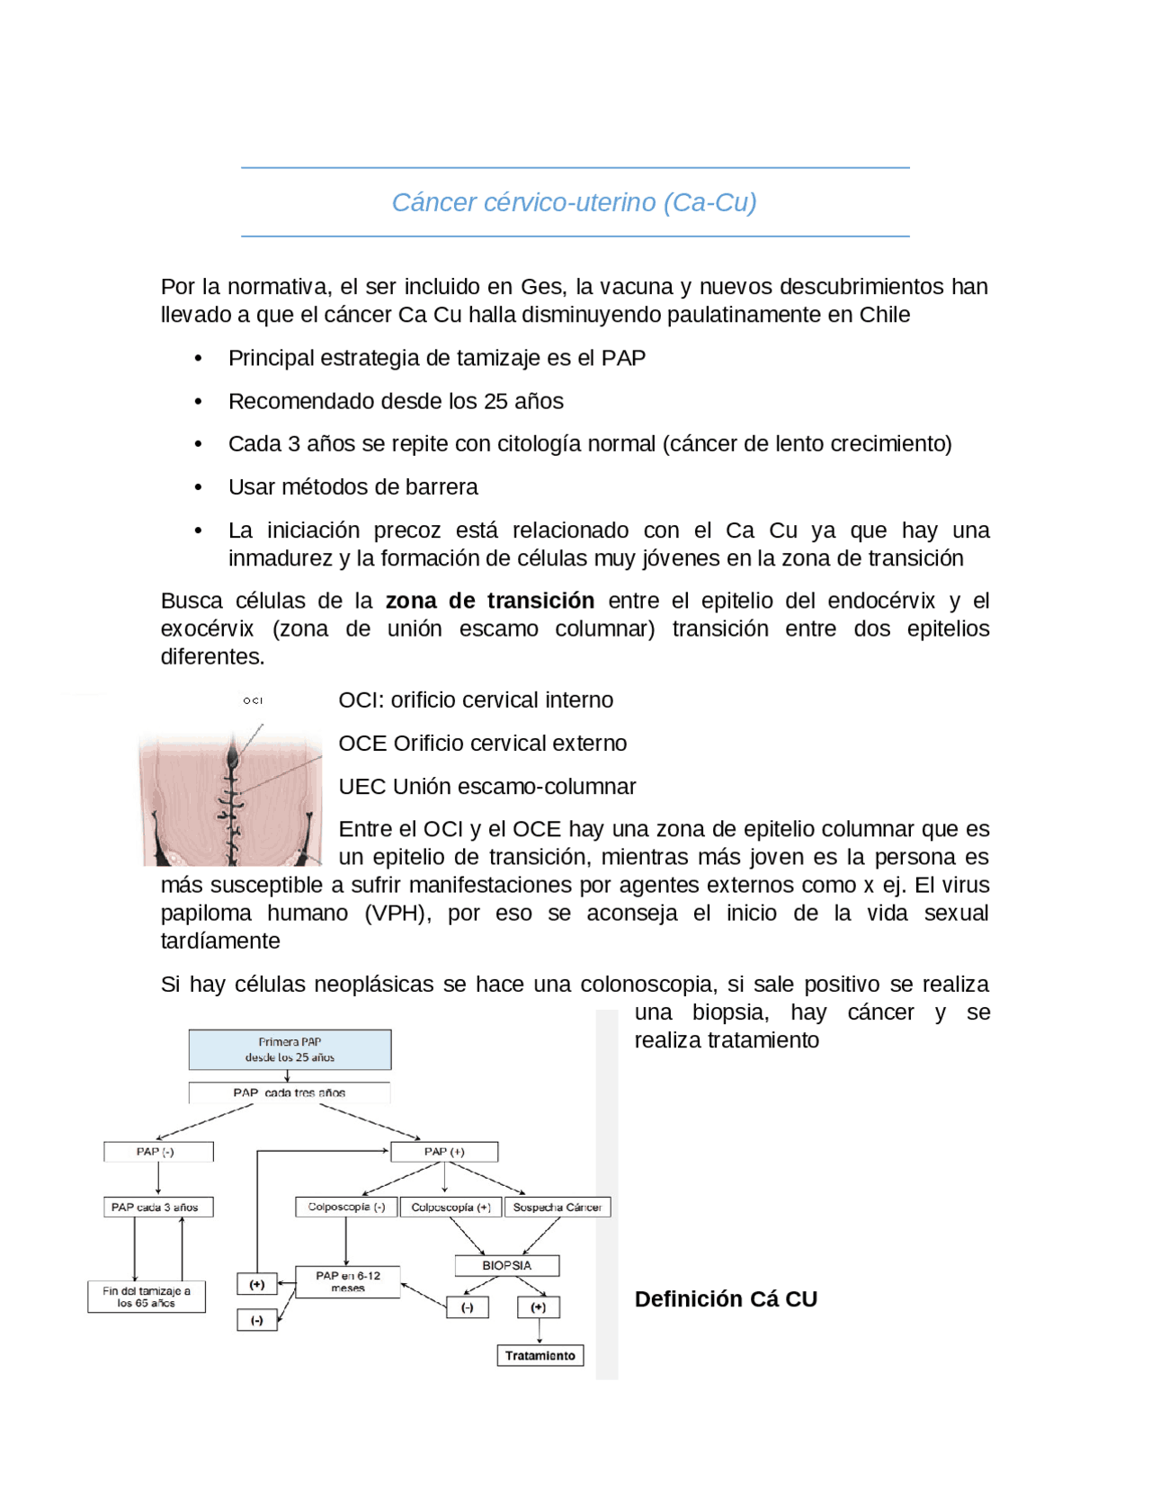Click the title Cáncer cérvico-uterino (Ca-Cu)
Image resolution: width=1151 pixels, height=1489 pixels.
coord(574,202)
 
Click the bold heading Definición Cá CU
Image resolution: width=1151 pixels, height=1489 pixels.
coord(725,1298)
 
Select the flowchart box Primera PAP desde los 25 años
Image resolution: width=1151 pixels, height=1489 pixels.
coord(290,1049)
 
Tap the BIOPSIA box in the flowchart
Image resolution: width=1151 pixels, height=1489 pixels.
coord(506,1265)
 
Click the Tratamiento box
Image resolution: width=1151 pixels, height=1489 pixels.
coord(540,1355)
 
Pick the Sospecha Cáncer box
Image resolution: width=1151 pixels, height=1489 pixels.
coord(557,1207)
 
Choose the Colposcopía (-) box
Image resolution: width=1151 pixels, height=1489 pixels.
coord(346,1207)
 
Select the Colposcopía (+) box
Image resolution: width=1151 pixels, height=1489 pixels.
coord(451,1207)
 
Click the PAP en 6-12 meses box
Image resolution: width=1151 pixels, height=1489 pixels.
coord(347,1281)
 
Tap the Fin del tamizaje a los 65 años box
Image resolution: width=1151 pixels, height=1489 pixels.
coord(146,1297)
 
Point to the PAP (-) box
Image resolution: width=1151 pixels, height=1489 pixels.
coord(157,1151)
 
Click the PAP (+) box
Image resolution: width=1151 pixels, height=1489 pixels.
coord(444,1151)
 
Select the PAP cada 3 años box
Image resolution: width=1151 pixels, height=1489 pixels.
coord(157,1207)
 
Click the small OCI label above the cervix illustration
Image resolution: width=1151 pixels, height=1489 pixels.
coord(253,700)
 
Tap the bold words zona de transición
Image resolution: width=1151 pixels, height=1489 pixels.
coord(489,601)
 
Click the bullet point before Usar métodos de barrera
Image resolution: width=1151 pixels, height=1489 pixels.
coord(198,487)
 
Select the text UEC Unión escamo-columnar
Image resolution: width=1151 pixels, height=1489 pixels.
coord(486,787)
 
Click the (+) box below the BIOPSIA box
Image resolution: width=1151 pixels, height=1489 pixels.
coord(538,1306)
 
